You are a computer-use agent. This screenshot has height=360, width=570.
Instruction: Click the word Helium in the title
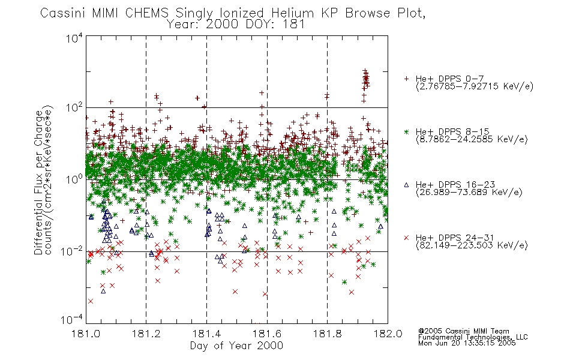(x=292, y=13)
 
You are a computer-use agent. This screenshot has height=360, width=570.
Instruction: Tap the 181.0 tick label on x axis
(x=86, y=334)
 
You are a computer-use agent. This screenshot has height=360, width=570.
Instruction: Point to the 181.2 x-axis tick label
(x=146, y=334)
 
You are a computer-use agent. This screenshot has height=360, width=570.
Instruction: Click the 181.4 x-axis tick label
(x=206, y=334)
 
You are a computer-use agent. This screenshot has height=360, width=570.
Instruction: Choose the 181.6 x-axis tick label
(x=267, y=334)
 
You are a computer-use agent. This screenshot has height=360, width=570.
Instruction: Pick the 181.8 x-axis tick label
(x=327, y=334)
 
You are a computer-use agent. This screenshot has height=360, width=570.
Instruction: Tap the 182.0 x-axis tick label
(x=388, y=334)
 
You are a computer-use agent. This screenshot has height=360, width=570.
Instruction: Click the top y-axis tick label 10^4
(x=74, y=38)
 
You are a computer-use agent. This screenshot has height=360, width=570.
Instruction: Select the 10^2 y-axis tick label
(x=74, y=107)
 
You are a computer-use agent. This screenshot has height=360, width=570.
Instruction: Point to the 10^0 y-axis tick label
(x=74, y=179)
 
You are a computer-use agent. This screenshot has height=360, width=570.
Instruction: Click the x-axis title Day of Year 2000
(x=236, y=346)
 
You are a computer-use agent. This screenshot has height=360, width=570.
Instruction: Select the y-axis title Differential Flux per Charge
(x=38, y=182)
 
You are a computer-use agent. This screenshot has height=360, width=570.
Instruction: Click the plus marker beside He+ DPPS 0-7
(x=406, y=79)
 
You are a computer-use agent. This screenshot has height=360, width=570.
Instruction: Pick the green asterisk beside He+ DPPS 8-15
(x=406, y=131)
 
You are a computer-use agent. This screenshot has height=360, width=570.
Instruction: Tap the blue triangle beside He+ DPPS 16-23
(x=406, y=185)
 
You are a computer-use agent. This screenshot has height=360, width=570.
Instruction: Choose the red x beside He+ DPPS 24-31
(x=406, y=238)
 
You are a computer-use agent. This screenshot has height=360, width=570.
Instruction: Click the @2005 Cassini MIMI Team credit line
(x=463, y=331)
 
